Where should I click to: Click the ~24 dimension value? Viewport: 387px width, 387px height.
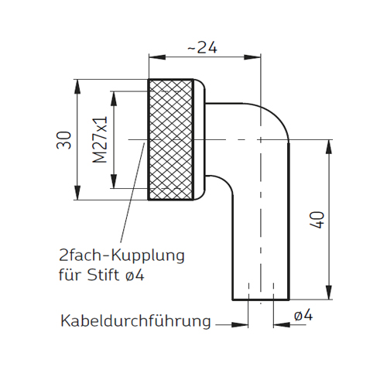click(202, 47)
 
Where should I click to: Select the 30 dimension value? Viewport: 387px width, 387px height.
click(63, 140)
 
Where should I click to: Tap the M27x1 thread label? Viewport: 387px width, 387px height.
click(100, 139)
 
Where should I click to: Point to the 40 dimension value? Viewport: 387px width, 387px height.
click(317, 220)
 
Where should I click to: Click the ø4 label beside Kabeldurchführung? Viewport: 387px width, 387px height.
click(303, 316)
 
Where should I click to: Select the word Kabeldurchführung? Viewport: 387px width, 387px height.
click(135, 321)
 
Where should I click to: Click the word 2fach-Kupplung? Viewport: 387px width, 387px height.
click(122, 255)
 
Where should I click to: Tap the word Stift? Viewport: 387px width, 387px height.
click(103, 275)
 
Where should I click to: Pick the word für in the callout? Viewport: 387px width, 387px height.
click(70, 275)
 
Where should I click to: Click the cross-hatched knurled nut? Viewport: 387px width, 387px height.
click(171, 139)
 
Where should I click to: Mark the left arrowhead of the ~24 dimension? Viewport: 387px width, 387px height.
click(157, 57)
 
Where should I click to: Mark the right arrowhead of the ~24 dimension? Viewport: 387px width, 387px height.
click(252, 57)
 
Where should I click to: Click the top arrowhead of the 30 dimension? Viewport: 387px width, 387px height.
click(77, 87)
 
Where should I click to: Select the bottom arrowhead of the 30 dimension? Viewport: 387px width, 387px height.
click(77, 192)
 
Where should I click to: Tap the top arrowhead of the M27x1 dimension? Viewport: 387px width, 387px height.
click(114, 99)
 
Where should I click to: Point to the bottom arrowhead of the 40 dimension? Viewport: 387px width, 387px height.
click(328, 292)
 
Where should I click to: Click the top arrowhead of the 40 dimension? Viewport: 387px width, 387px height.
click(328, 148)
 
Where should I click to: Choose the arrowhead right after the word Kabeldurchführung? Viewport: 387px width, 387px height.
click(240, 325)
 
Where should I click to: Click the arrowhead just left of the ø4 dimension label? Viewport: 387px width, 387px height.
click(282, 325)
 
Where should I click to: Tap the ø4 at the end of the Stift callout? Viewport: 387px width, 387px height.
click(134, 275)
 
